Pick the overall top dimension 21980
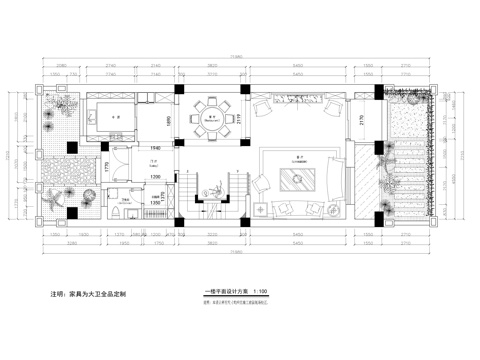point(240,58)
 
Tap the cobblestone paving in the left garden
point(60,124)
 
